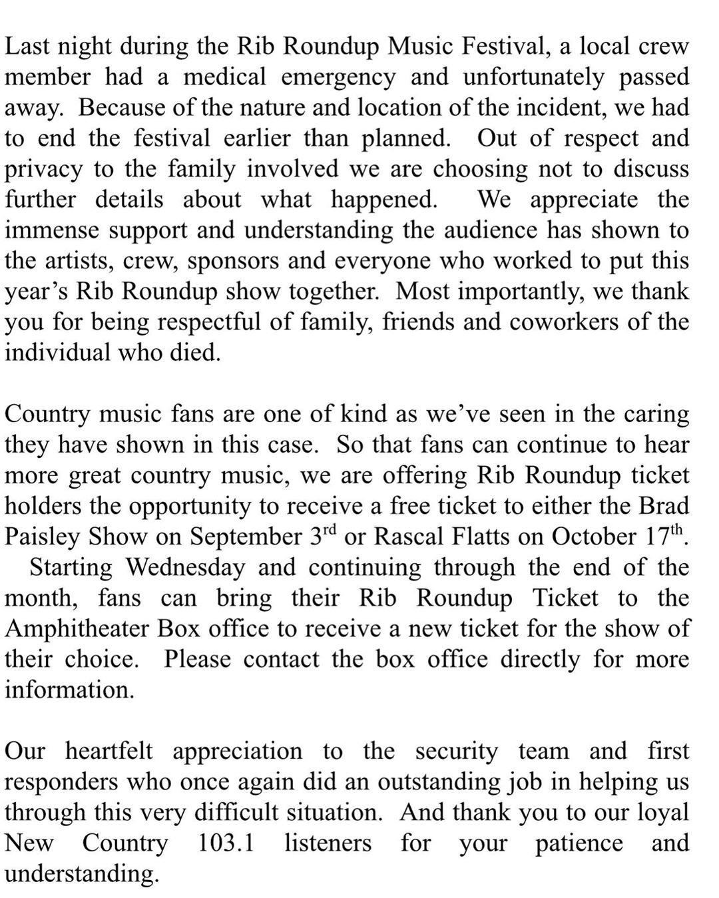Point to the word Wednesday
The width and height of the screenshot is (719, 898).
tap(186, 568)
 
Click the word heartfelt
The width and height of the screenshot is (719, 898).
tap(109, 752)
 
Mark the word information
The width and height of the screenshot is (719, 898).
tap(69, 690)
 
